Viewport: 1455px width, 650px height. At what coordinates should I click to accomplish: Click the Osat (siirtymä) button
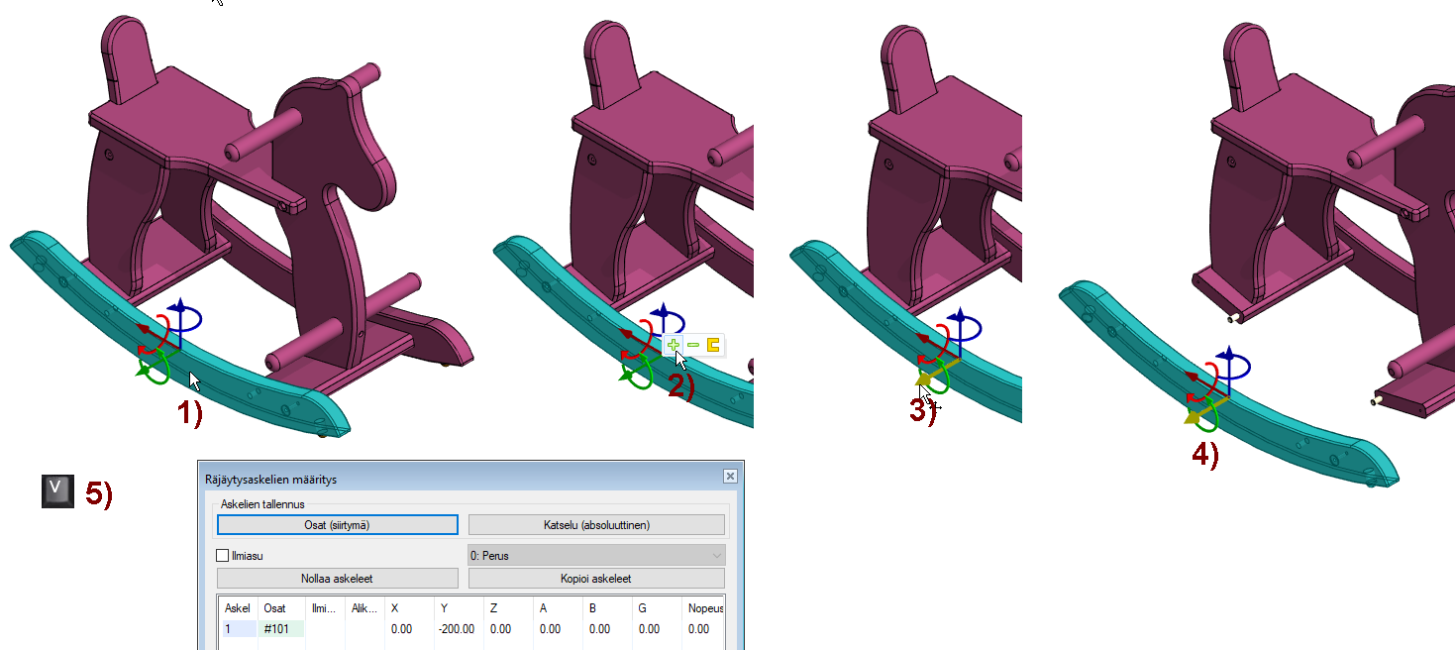[x=337, y=524]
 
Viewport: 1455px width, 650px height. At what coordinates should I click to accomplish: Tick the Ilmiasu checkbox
[x=222, y=556]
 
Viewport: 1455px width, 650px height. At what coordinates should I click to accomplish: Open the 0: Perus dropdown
[x=596, y=555]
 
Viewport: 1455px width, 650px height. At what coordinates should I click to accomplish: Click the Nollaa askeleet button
[x=337, y=579]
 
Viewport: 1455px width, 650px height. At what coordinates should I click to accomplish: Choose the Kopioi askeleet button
[x=596, y=579]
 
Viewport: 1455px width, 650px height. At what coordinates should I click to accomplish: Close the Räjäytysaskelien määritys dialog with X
[x=730, y=476]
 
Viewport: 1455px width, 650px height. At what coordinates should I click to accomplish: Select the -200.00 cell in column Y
[x=457, y=629]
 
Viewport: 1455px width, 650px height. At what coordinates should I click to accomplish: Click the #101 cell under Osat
[x=276, y=629]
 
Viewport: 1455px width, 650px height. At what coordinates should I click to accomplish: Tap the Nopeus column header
[x=705, y=608]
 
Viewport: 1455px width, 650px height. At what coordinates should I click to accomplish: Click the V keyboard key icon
[x=57, y=490]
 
